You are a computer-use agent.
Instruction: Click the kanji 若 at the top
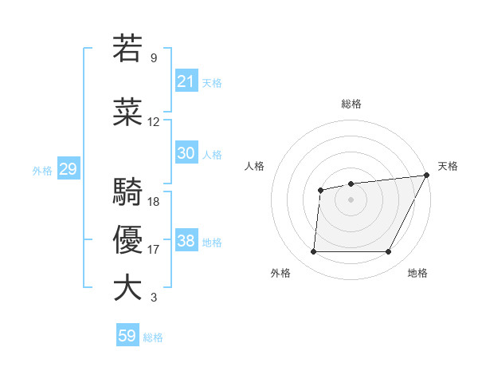pyautogui.click(x=127, y=48)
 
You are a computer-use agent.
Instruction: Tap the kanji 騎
pyautogui.click(x=127, y=192)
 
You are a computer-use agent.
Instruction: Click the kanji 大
pyautogui.click(x=127, y=287)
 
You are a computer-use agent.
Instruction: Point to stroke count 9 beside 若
pyautogui.click(x=154, y=58)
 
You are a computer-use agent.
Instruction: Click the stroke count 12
pyautogui.click(x=154, y=122)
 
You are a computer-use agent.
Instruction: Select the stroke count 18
pyautogui.click(x=154, y=202)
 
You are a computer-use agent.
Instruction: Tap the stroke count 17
pyautogui.click(x=154, y=250)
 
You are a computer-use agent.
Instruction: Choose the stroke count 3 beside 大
pyautogui.click(x=154, y=298)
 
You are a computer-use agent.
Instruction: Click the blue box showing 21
pyautogui.click(x=186, y=81)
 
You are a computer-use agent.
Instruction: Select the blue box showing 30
pyautogui.click(x=186, y=153)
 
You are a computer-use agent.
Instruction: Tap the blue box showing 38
pyautogui.click(x=186, y=241)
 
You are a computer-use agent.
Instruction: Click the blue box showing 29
pyautogui.click(x=68, y=169)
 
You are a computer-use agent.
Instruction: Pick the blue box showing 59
pyautogui.click(x=127, y=336)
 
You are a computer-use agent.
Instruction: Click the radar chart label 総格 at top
pyautogui.click(x=351, y=104)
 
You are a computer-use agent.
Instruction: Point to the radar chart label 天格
pyautogui.click(x=448, y=166)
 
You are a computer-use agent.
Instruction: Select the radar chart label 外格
pyautogui.click(x=280, y=273)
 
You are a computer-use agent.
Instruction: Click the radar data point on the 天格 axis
pyautogui.click(x=427, y=176)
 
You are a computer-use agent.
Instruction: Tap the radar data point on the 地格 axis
pyautogui.click(x=388, y=252)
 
